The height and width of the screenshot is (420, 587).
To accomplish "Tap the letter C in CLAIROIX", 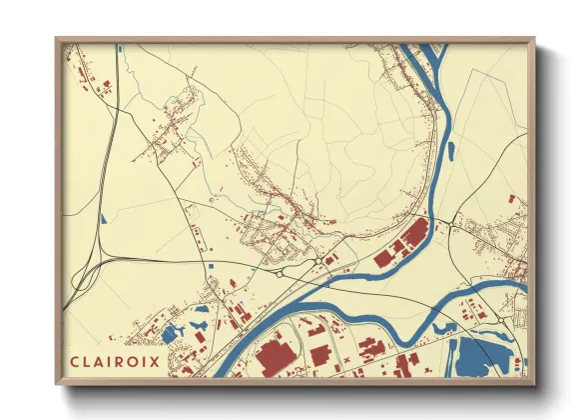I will click(75, 361).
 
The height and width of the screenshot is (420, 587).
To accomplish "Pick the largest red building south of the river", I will click(272, 358).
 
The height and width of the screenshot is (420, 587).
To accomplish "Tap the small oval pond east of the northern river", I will click(451, 152).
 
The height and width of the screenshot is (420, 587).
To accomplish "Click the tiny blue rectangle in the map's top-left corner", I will click(118, 47).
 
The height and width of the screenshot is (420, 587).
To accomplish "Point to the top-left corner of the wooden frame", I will click(58, 40).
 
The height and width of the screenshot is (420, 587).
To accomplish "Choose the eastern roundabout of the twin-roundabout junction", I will click(316, 262).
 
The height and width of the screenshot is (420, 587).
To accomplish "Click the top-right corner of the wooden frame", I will click(533, 40).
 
